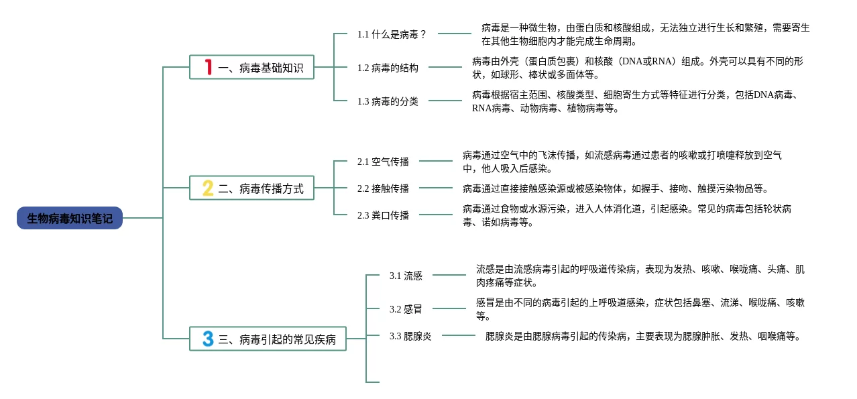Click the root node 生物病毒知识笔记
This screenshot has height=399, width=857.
tap(70, 218)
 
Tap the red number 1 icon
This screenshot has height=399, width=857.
tap(208, 67)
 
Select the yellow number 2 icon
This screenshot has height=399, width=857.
tap(208, 188)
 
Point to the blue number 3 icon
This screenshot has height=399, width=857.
tap(208, 339)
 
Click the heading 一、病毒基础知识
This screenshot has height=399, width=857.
tap(261, 68)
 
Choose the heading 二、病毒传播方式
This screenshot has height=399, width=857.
tap(261, 188)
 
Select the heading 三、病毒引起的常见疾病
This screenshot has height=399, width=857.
tap(276, 339)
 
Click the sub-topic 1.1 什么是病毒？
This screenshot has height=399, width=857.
tap(392, 34)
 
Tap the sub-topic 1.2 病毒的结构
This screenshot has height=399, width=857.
tap(388, 68)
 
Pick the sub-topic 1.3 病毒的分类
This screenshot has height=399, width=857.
tap(388, 101)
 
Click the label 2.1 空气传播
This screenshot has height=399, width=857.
tap(383, 162)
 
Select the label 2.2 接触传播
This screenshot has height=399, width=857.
tap(383, 188)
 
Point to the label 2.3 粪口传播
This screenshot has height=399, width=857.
tap(383, 215)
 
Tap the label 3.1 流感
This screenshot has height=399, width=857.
tap(406, 276)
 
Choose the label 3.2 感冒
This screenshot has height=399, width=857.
tap(406, 309)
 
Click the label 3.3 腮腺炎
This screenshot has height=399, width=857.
tap(410, 336)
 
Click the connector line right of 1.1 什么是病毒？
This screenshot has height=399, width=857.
tap(455, 34)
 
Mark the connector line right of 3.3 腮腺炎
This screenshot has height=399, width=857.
tap(459, 335)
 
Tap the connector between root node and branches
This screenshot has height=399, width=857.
tap(143, 218)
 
